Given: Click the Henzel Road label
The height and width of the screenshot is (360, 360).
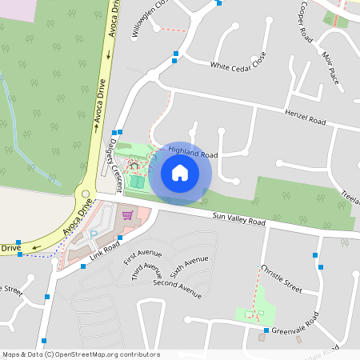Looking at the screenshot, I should click(306, 118).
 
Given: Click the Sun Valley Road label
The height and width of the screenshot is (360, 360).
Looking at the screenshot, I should click(238, 218).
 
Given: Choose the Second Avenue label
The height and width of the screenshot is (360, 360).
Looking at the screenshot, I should click(176, 288).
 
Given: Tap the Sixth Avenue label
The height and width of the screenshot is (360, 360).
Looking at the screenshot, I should click(190, 266).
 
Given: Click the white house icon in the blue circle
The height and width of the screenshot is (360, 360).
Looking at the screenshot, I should click(180, 174).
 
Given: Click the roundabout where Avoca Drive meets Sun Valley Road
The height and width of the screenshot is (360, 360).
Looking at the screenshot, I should click(86, 194).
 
